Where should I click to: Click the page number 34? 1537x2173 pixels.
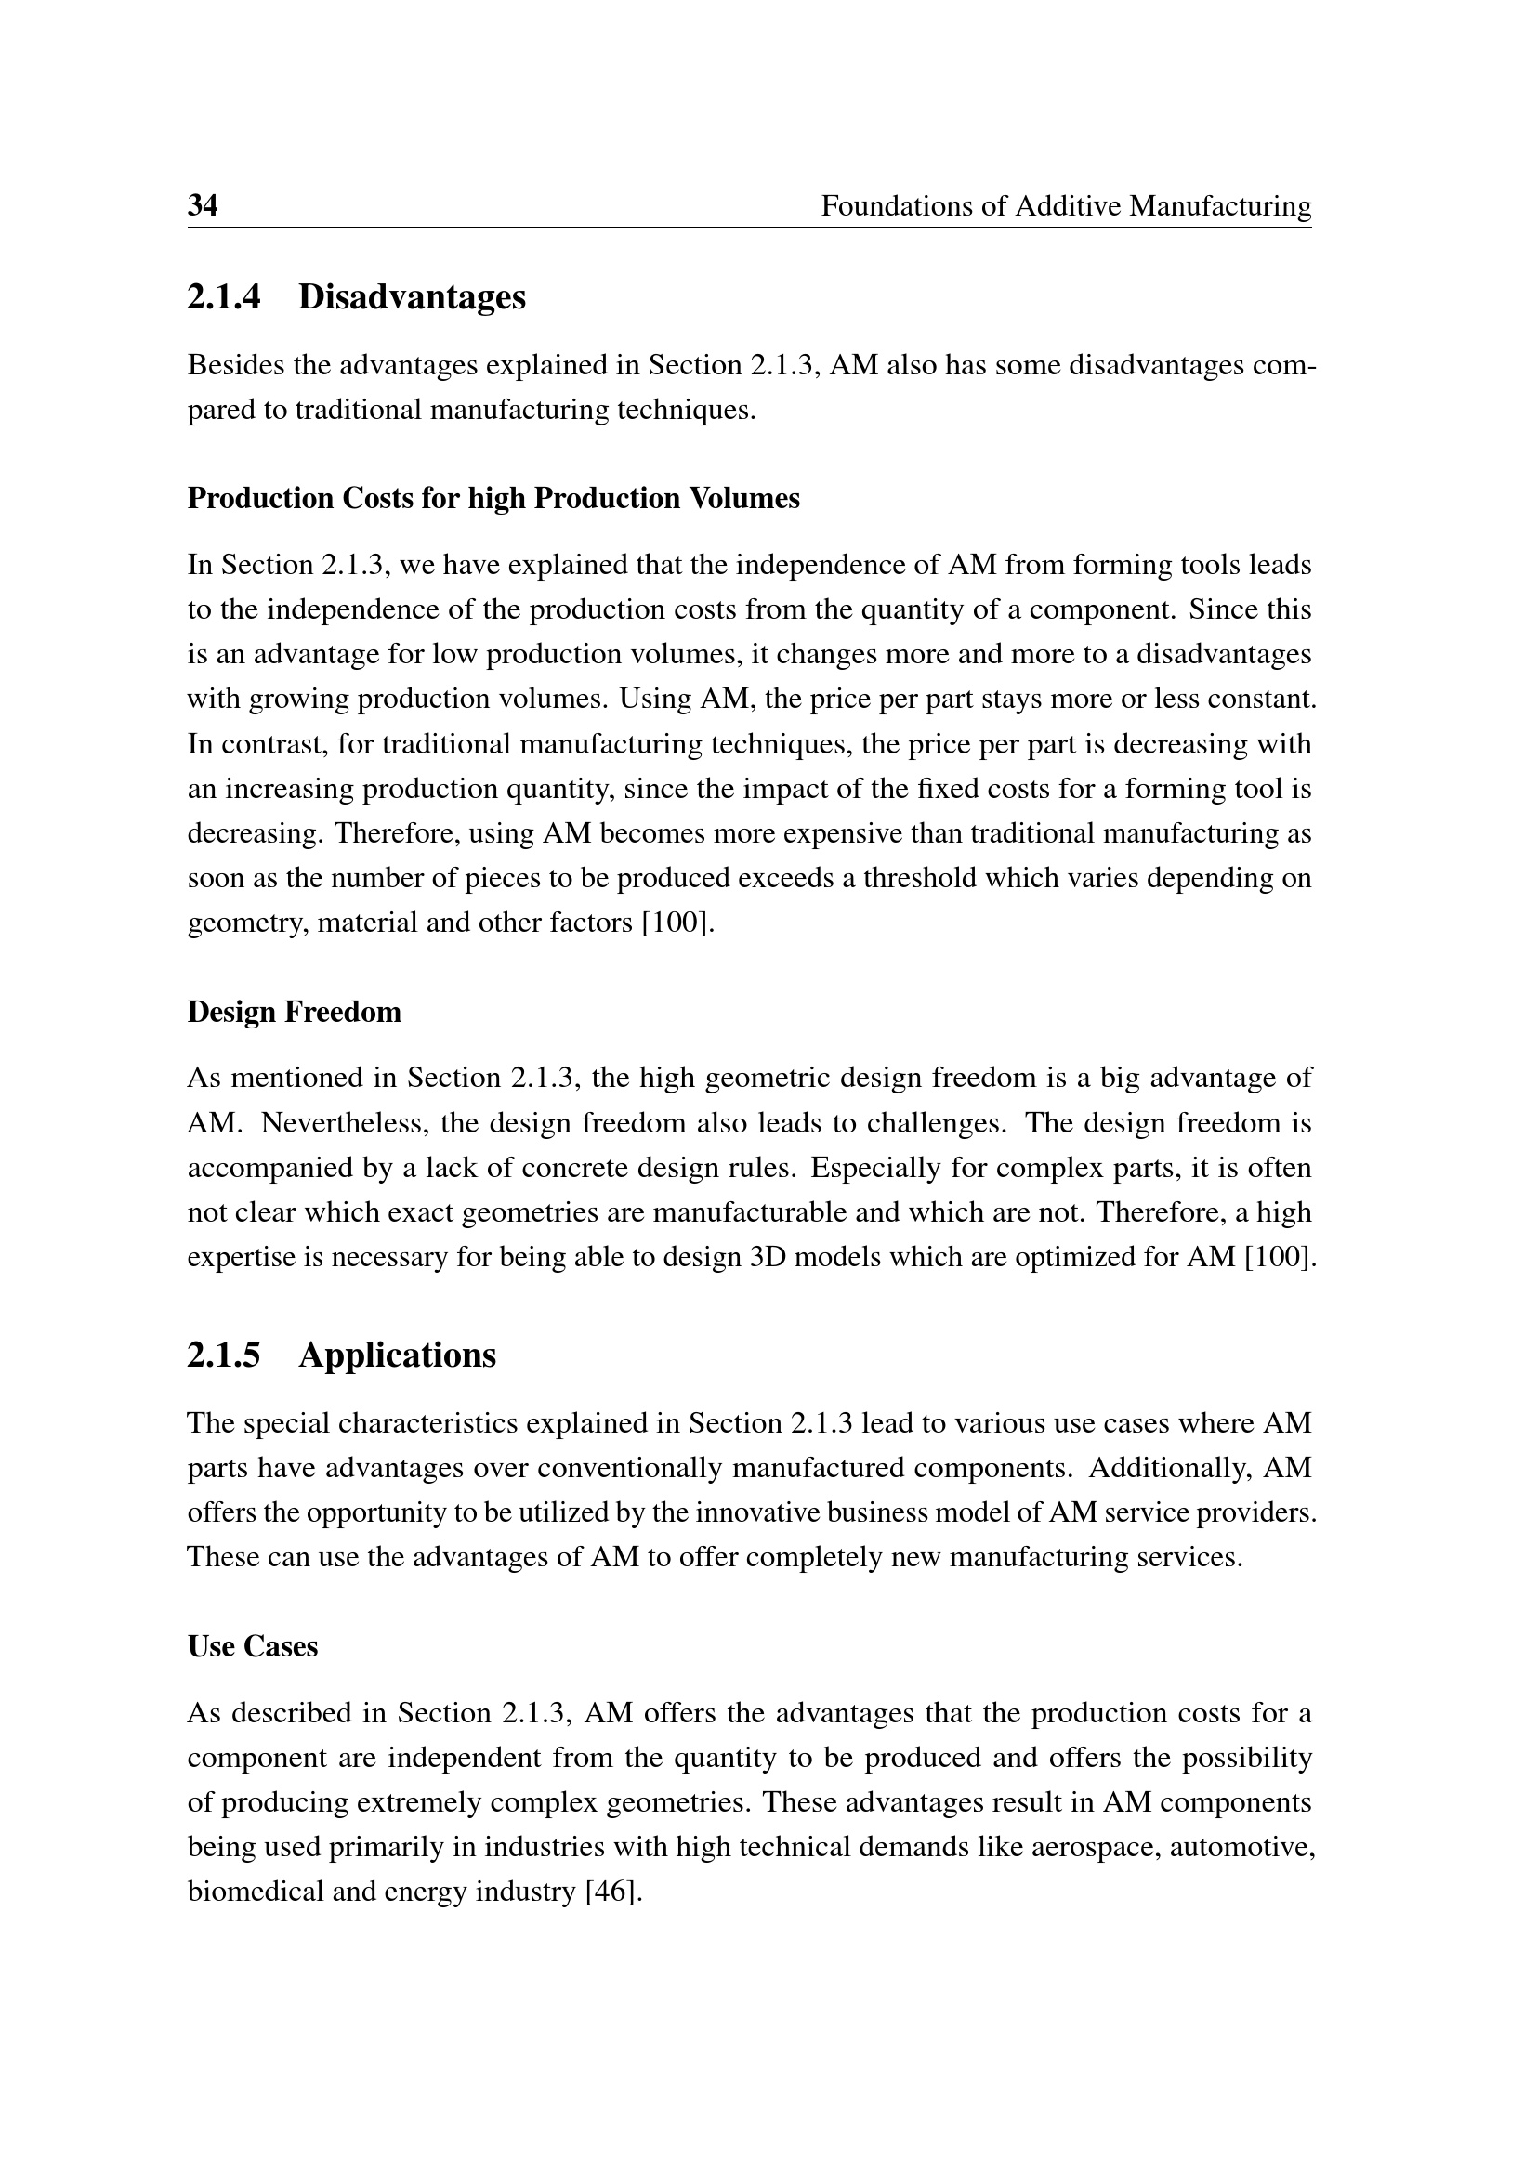[203, 205]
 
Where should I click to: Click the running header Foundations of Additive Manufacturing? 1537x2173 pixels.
[1066, 205]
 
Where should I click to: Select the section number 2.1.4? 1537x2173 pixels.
[223, 297]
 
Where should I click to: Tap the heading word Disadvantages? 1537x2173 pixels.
[412, 297]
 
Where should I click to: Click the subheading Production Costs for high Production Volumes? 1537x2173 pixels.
[493, 498]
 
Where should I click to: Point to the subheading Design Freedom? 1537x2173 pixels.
[295, 1012]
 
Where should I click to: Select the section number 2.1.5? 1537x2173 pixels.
[223, 1355]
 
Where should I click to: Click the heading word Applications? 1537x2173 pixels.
[397, 1355]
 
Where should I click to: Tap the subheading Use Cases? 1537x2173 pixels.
[253, 1646]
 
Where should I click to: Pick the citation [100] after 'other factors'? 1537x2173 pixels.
[677, 923]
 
